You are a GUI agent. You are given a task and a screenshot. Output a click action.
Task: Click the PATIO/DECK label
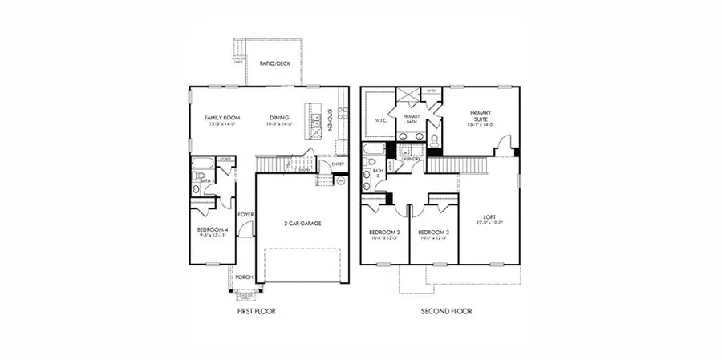[x=275, y=63]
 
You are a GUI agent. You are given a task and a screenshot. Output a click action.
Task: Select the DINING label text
[x=278, y=118]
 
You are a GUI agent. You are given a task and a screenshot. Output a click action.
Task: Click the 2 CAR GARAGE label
[x=302, y=223]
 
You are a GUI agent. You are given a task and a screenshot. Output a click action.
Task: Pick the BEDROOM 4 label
[x=212, y=230]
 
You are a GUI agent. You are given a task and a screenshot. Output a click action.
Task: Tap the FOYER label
[x=245, y=215]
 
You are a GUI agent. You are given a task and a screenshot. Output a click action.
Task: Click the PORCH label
[x=244, y=277]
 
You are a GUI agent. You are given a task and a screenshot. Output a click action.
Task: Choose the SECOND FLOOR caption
[x=448, y=311]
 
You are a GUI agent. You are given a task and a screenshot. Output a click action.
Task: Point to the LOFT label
[x=489, y=216]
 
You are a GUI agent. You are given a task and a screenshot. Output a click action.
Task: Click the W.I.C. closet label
[x=381, y=121]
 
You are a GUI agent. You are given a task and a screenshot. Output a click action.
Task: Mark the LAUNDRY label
[x=412, y=159]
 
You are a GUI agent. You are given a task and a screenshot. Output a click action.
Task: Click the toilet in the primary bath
[x=433, y=140]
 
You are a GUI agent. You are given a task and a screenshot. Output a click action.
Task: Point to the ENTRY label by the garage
[x=337, y=164]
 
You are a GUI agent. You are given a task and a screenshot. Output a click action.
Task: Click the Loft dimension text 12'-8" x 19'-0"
[x=489, y=224]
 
